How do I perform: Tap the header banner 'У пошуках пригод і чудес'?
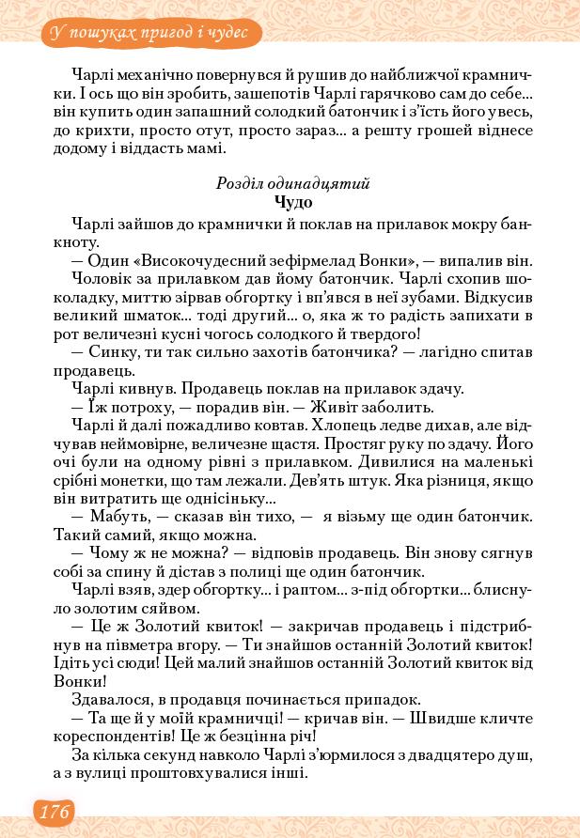pyautogui.click(x=150, y=34)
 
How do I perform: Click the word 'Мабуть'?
pyautogui.click(x=117, y=517)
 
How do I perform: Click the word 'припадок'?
pyautogui.click(x=388, y=699)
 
